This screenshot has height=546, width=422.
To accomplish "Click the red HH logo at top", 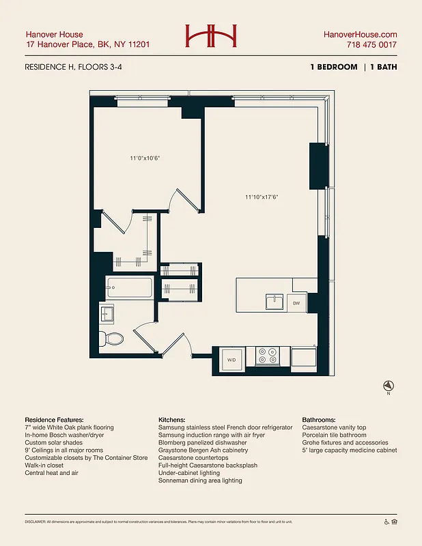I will tap(210, 35).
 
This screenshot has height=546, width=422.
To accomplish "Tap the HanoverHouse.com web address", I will tap(359, 35).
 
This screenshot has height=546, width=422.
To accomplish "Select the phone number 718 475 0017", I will tap(371, 45).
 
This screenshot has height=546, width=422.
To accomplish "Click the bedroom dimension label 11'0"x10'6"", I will tap(145, 158).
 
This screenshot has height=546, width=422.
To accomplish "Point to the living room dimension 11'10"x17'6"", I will tap(262, 197).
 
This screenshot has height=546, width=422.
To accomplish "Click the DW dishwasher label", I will tap(296, 302).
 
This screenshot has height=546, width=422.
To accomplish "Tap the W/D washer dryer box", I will tap(231, 360).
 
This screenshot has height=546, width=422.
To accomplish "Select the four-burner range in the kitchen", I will tap(268, 356).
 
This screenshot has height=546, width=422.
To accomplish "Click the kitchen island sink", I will tap(275, 301).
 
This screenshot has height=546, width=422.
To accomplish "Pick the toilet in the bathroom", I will tap(112, 338).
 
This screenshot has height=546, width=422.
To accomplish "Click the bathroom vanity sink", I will tap(108, 314).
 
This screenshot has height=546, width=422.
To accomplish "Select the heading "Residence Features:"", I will tap(54, 420).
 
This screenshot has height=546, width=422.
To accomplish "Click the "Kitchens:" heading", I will tap(174, 420).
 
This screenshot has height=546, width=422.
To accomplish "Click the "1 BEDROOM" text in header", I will tap(333, 67).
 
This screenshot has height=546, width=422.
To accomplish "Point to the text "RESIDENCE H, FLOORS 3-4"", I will tap(73, 67).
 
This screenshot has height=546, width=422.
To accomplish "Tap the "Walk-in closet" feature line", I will tap(48, 465).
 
